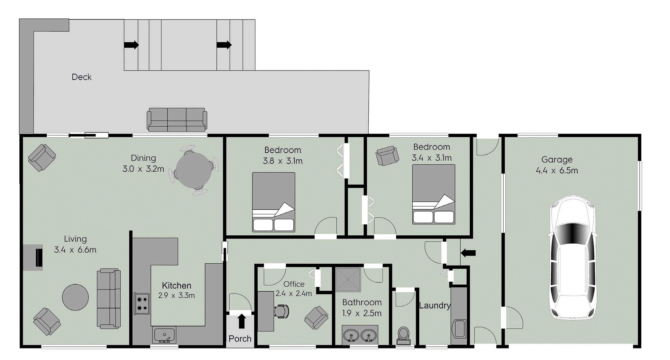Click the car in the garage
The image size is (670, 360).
tap(572, 257)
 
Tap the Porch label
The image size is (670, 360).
tap(240, 339)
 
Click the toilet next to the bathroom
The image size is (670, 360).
tap(403, 336)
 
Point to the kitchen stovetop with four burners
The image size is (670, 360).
tap(141, 304)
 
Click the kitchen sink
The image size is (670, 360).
tap(164, 335)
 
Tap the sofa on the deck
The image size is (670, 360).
tap(177, 119)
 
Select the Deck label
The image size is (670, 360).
tap(82, 77)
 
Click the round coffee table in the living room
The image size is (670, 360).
tap(75, 297)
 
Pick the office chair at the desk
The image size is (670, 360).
tap(281, 311)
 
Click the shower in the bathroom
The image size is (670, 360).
tap(348, 280)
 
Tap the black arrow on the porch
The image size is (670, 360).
tap(242, 321)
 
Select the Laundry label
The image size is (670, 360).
tap(435, 306)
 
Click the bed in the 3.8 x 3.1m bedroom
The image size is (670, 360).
tap(274, 202)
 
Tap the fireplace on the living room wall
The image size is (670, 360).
tap(34, 257)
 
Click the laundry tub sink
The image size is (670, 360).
tap(459, 329)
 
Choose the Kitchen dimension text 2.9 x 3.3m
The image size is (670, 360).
tap(176, 296)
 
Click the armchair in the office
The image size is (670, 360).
tap(316, 318)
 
